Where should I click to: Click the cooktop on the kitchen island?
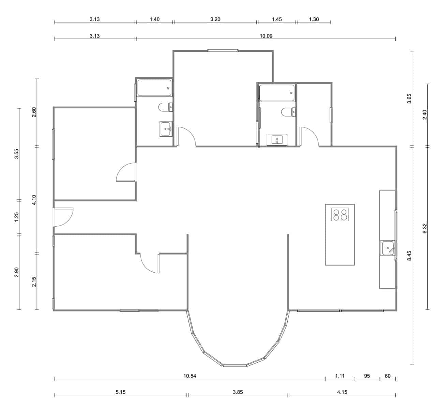(x=340, y=214)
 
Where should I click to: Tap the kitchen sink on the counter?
(x=388, y=248)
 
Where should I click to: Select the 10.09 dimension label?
(x=266, y=36)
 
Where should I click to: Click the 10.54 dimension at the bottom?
(x=190, y=376)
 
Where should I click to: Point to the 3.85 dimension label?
(x=238, y=392)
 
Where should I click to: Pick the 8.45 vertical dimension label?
(x=409, y=256)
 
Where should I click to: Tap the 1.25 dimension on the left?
(x=17, y=217)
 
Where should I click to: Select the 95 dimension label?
(x=367, y=376)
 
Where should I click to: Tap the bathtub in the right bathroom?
(x=276, y=93)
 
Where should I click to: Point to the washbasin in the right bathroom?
(x=277, y=140)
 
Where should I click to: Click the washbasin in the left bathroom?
(x=166, y=129)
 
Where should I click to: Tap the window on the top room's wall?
(x=223, y=51)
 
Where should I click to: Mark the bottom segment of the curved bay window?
(x=235, y=365)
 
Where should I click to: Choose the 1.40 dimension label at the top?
(x=154, y=19)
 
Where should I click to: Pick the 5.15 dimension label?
(x=121, y=392)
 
